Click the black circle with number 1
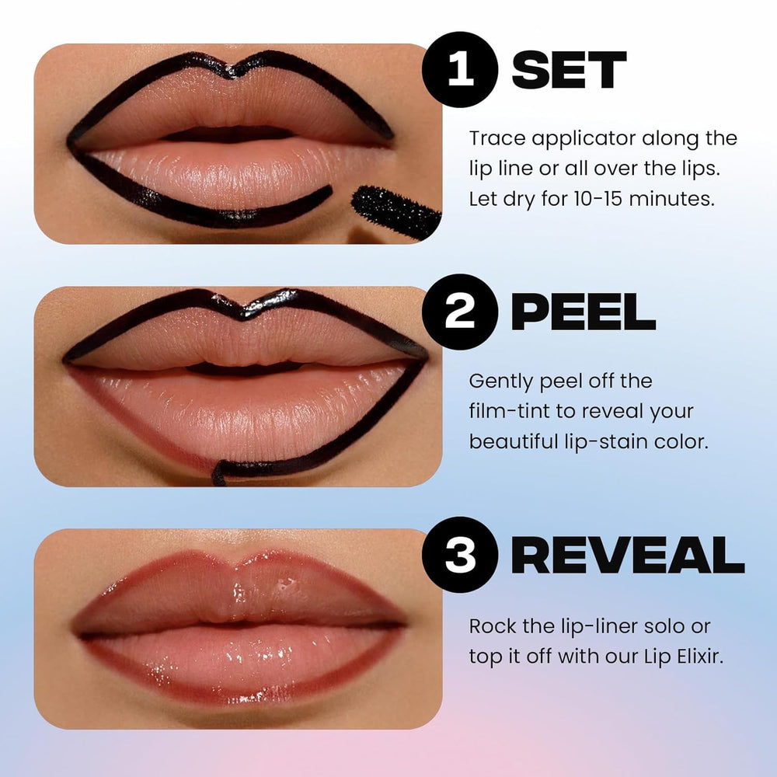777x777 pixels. point(460,69)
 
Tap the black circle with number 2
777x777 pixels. point(460,312)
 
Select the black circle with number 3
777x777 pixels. point(460,555)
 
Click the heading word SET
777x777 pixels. point(569,71)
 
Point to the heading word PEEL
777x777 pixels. point(583,312)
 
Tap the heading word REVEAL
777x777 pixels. point(627,556)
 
